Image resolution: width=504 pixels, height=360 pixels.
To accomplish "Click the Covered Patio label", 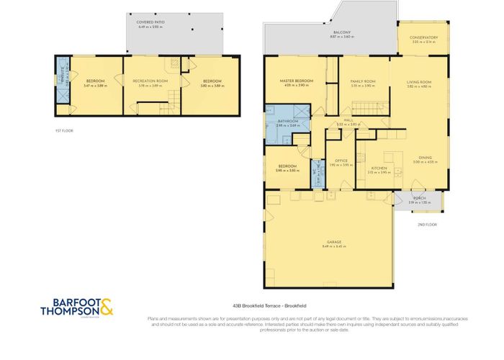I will pos(151,22).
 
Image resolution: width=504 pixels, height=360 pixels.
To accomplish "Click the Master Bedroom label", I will pos(297,81).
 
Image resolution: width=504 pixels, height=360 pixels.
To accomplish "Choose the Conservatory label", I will pos(424,37).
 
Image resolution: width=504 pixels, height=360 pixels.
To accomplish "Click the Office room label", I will pos(341,161).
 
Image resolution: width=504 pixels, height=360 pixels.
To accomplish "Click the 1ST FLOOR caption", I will pos(64,130).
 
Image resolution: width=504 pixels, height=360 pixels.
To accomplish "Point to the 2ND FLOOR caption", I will pos(427,225).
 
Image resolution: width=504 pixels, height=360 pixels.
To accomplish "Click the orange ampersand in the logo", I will pos(107,306).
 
